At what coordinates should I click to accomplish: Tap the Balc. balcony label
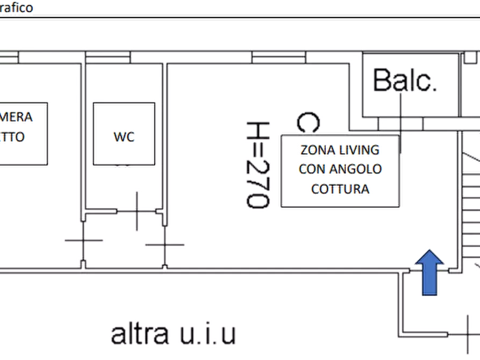coord(404,81)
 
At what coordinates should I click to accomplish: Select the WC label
coord(124,138)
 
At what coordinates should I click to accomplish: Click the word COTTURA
coord(340,189)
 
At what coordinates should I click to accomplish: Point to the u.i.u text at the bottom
coord(206,334)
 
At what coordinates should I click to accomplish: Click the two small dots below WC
coord(124,168)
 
